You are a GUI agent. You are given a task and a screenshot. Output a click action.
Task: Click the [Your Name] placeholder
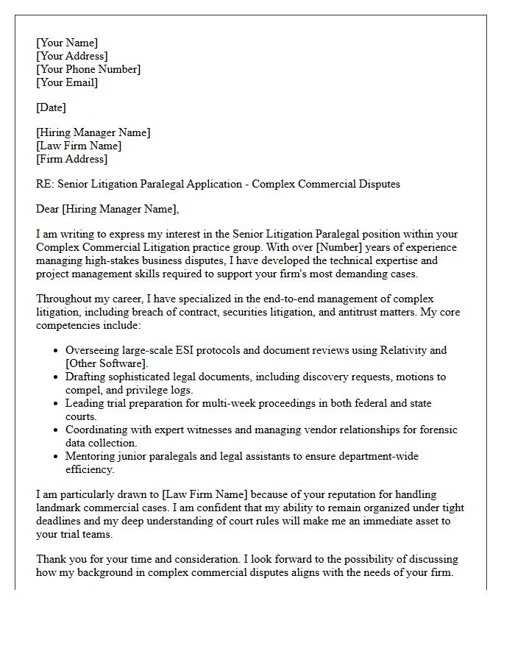click(67, 43)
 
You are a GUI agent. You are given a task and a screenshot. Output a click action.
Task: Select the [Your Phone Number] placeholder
click(88, 69)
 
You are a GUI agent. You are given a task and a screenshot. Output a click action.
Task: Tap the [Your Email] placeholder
click(67, 82)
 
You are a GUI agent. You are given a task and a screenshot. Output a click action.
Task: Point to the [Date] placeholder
click(51, 107)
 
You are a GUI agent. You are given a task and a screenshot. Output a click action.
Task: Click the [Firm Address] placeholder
click(71, 159)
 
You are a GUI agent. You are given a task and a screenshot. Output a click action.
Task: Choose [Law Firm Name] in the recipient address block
click(79, 146)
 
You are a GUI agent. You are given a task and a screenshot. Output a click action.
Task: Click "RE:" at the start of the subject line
click(45, 184)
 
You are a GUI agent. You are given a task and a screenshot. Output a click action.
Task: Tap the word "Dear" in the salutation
click(48, 209)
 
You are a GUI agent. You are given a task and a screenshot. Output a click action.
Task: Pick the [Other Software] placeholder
click(106, 363)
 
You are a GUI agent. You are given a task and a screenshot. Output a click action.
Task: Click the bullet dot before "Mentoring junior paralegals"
click(57, 457)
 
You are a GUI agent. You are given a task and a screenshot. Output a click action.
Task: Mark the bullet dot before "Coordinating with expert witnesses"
click(57, 430)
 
